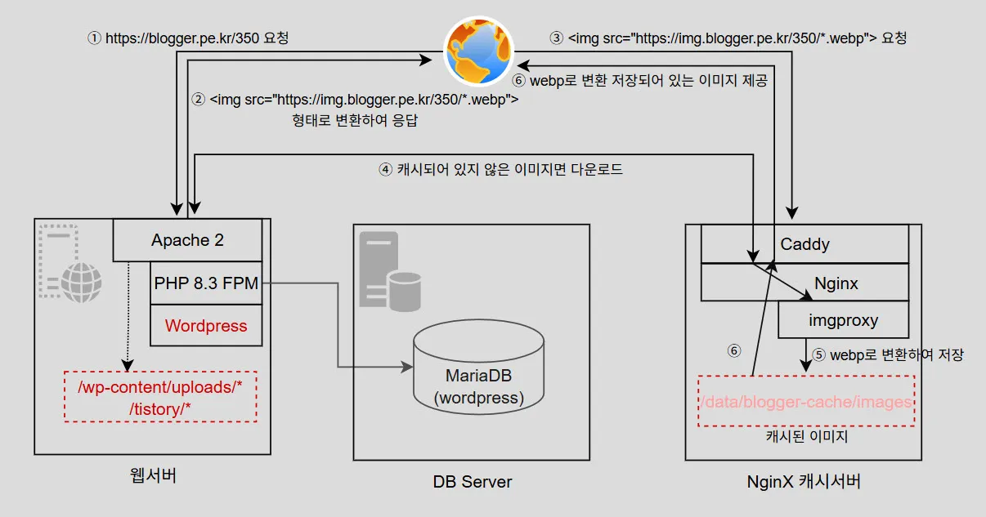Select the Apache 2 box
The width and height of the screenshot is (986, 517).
[187, 240]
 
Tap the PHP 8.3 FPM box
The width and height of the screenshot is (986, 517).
[206, 284]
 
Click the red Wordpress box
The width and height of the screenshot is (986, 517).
[206, 326]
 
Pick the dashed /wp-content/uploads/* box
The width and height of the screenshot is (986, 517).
[160, 398]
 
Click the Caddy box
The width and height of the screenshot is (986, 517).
[804, 243]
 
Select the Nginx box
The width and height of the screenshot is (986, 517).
[836, 283]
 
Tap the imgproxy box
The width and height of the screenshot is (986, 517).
[843, 320]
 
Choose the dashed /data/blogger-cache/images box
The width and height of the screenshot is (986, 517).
[805, 401]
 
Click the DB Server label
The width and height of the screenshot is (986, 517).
[473, 481]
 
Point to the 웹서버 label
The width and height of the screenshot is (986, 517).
[153, 476]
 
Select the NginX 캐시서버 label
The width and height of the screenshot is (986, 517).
[804, 481]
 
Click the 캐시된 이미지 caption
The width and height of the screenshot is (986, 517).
[806, 436]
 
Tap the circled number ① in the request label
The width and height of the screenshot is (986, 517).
[95, 38]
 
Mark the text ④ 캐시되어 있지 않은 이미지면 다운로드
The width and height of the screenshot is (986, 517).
[501, 170]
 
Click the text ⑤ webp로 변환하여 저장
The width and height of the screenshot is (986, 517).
[888, 355]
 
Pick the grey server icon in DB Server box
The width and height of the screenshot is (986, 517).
[390, 271]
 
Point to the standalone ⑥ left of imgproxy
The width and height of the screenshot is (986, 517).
[734, 350]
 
